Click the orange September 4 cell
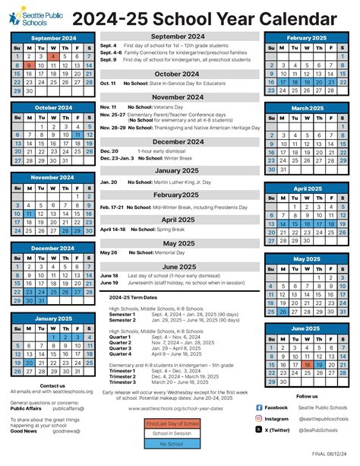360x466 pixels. coord(52,56)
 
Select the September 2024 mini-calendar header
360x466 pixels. coord(52,36)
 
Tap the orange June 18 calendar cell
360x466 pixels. coord(307,364)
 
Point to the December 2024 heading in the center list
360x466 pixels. coord(178,141)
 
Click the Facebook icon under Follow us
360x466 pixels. coord(259,407)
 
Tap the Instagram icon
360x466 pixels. coord(259,418)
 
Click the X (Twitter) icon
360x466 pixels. coord(259,430)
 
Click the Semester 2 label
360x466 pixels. coord(122,320)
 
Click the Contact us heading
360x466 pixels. coord(52,385)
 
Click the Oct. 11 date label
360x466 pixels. coord(108,82)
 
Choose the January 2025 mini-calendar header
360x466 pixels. coord(52,317)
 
